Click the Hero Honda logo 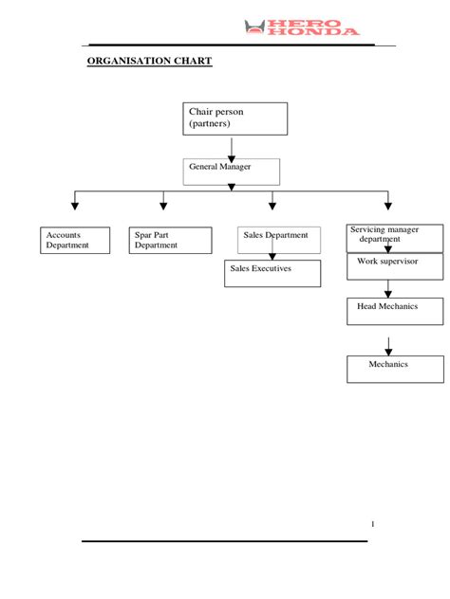click(x=302, y=27)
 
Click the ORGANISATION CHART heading click(x=149, y=62)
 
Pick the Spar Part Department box click(x=170, y=240)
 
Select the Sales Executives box click(x=274, y=272)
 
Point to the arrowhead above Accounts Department click(x=75, y=205)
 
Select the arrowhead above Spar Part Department click(x=163, y=205)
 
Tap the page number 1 click(x=373, y=524)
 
